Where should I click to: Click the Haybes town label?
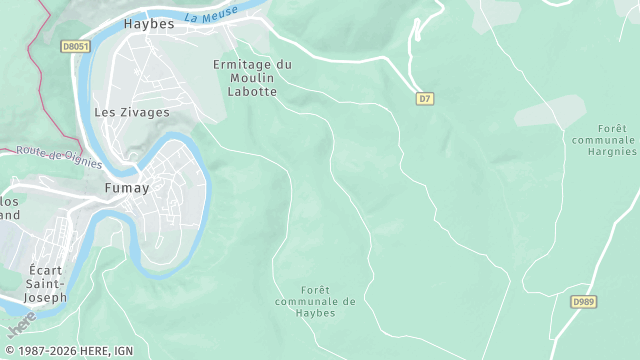pyautogui.click(x=148, y=23)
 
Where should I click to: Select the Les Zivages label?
pyautogui.click(x=131, y=113)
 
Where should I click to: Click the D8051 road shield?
pyautogui.click(x=75, y=46)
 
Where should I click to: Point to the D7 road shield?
pyautogui.click(x=425, y=98)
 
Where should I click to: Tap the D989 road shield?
pyautogui.click(x=584, y=301)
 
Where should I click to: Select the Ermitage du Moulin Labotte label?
pyautogui.click(x=253, y=78)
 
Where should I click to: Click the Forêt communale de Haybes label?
pyautogui.click(x=315, y=301)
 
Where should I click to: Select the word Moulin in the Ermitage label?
pyautogui.click(x=253, y=78)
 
